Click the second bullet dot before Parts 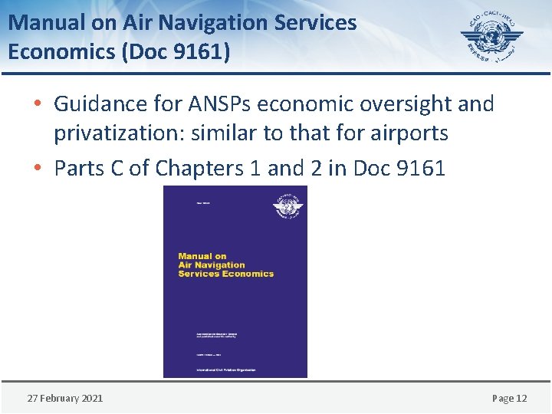(x=38, y=169)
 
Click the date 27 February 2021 (x=65, y=398)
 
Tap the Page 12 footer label (x=509, y=398)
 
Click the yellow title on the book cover (x=225, y=265)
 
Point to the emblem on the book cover (x=288, y=207)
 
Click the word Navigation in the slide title (x=178, y=23)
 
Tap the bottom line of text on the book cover (x=225, y=370)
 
